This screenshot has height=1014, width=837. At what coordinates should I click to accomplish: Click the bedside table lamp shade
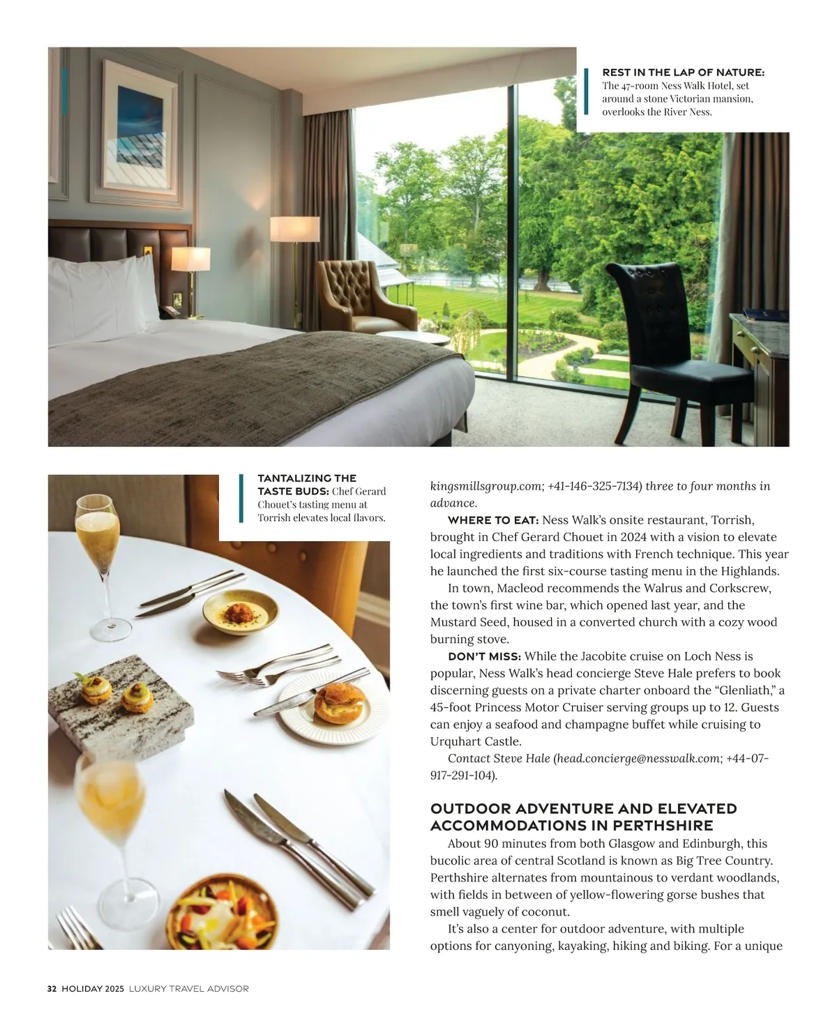(x=190, y=258)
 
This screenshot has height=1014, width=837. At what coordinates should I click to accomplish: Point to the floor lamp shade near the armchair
(x=294, y=229)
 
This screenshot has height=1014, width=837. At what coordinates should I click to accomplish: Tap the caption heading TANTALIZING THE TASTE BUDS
(x=307, y=485)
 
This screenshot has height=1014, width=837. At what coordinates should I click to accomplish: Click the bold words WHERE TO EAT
(x=492, y=520)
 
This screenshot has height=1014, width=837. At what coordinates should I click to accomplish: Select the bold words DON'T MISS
(x=484, y=656)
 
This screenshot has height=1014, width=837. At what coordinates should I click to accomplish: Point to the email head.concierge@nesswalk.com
(x=638, y=758)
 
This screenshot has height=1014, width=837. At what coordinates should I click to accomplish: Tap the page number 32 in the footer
(x=52, y=989)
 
